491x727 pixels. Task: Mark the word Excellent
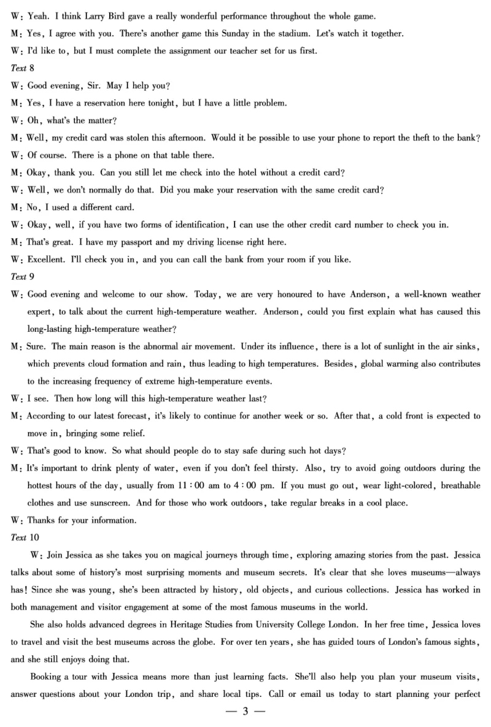pos(47,260)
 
